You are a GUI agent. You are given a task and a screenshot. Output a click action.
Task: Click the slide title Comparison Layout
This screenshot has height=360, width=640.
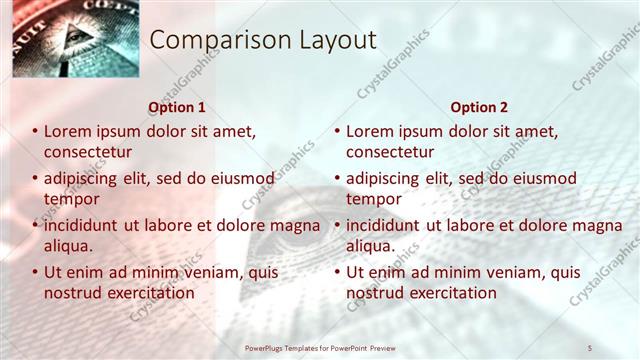[263, 40]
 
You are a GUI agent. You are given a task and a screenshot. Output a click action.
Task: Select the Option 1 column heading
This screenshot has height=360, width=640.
[177, 107]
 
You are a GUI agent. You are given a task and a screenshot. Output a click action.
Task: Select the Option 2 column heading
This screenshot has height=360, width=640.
[479, 107]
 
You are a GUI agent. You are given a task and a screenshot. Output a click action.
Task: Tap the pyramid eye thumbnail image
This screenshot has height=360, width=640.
[62, 39]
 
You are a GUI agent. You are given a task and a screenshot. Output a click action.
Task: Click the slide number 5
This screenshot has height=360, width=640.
[590, 348]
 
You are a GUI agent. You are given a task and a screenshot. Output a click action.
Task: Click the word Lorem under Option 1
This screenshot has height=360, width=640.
[68, 131]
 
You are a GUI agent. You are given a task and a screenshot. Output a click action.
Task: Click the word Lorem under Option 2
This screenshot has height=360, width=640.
[370, 131]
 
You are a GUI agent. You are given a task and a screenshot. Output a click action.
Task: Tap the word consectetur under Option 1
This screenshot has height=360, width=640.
[88, 152]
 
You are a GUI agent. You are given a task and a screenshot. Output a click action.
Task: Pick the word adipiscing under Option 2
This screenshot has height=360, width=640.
[384, 178]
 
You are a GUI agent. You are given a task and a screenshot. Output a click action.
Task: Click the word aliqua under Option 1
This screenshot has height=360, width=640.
[68, 246]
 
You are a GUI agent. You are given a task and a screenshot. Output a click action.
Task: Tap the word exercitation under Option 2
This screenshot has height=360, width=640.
[450, 293]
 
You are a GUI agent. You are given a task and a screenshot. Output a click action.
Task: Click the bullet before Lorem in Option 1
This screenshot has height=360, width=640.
[36, 131]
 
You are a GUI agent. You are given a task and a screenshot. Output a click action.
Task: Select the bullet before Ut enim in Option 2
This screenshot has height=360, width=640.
[338, 272]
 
